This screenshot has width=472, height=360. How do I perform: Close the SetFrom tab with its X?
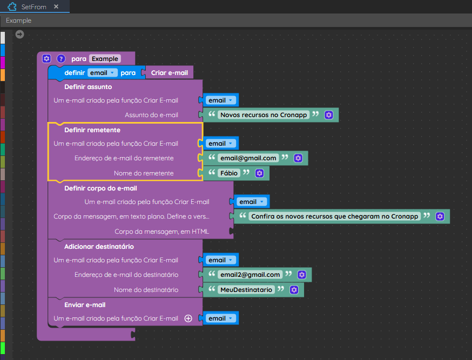[x=56, y=6]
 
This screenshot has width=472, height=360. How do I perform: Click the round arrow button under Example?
[x=19, y=35]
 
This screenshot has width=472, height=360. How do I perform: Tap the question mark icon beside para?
[x=61, y=59]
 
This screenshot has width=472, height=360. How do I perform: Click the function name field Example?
[x=105, y=59]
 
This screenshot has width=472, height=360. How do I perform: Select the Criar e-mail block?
[x=169, y=73]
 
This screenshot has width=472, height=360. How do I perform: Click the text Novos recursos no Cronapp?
[x=264, y=115]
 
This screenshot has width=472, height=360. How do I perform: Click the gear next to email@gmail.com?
[x=298, y=158]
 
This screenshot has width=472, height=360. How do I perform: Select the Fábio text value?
[x=229, y=173]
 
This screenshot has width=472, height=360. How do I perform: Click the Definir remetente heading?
[x=92, y=130]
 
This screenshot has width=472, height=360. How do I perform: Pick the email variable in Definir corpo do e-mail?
[x=252, y=202]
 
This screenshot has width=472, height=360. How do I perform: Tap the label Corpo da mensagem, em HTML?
[x=161, y=232]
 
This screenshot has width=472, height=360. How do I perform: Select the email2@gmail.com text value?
[x=250, y=275]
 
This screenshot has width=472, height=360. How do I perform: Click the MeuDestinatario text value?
[x=246, y=290]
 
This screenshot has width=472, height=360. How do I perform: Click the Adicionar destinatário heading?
[x=99, y=247]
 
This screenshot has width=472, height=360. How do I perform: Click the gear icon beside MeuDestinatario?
[x=294, y=290]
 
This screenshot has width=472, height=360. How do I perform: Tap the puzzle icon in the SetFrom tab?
[x=12, y=6]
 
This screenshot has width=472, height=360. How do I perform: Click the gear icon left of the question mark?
[x=46, y=59]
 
